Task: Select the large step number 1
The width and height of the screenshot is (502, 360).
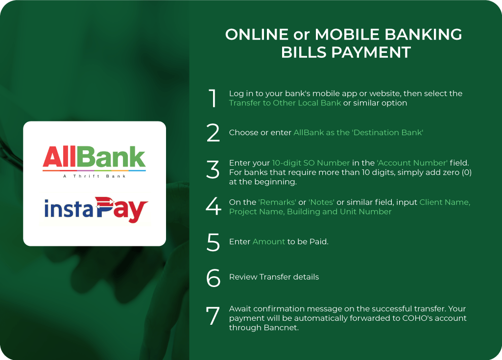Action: coord(213,98)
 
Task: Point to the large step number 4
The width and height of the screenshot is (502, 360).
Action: coord(214,207)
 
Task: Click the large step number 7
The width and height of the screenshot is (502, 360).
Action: coord(213,316)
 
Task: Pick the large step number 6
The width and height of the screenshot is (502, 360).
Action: coord(214,278)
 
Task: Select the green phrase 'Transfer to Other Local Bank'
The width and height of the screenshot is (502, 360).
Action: coord(285,103)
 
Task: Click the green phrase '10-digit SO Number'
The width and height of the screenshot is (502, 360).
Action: coord(311,163)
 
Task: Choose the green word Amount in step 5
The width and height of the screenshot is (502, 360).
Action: coord(268,242)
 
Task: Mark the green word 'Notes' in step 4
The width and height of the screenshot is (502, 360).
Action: coord(321,202)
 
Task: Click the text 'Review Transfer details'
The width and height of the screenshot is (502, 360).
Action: coord(274,277)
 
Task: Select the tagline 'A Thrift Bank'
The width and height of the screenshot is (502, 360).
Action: coord(94,176)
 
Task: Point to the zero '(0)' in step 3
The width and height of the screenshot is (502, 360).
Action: coord(465,172)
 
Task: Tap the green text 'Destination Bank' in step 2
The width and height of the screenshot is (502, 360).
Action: coord(390,133)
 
